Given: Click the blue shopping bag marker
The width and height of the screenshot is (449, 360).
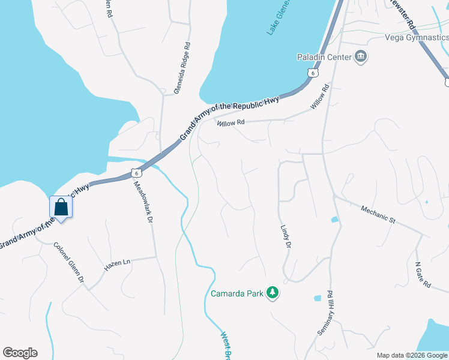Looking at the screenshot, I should tap(61, 208).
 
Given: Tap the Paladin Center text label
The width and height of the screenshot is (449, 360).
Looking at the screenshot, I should tap(324, 58).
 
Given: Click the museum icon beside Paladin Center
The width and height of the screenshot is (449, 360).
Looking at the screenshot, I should tap(361, 58).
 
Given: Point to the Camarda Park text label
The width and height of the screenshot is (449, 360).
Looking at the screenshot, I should tap(237, 293).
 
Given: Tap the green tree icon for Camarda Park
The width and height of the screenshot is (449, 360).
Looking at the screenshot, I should tap(273, 292).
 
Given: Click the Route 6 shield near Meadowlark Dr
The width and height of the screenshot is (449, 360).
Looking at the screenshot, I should tap(137, 173).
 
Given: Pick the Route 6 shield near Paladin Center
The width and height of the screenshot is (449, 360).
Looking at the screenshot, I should tap(313, 73).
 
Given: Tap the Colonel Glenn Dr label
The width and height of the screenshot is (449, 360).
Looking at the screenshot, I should tap(69, 262).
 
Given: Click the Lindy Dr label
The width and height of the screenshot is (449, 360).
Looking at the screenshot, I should tap(285, 238).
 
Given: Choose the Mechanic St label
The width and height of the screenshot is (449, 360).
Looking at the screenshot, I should tap(378, 215).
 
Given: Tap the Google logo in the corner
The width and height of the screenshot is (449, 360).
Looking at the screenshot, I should tap(20, 353).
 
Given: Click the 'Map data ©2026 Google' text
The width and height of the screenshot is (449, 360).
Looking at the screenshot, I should tap(412, 355).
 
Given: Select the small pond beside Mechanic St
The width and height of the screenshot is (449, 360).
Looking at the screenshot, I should tap(334, 220).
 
